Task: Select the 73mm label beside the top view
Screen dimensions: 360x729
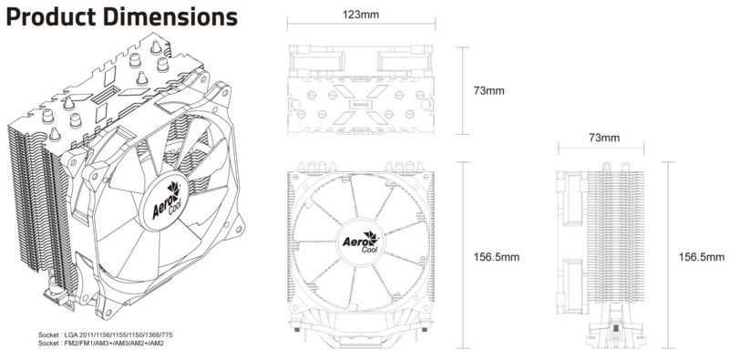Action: (x=489, y=91)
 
